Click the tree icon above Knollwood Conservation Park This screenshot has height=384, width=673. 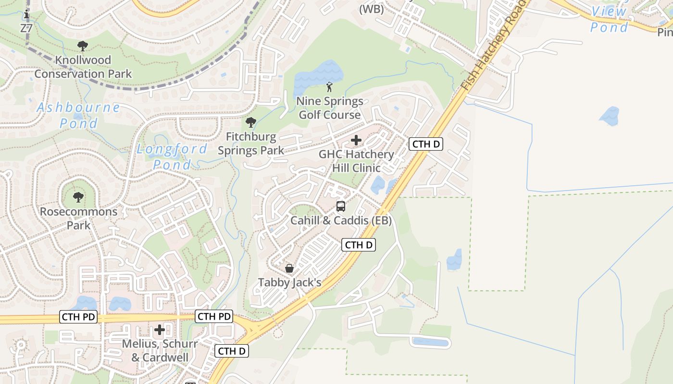coord(82,46)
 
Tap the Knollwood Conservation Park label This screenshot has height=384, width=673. coord(83,67)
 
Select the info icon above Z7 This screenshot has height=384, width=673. coord(26,15)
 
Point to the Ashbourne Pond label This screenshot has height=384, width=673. coord(78,115)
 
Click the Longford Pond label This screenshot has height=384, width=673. coord(172,156)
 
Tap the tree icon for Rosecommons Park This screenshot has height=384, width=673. coord(78,197)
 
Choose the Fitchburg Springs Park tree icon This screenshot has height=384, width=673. coord(250,122)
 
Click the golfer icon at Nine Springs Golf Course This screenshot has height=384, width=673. coord(329,87)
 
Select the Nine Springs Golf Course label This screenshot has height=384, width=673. coord(330,108)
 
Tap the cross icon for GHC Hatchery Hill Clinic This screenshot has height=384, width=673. coord(356,140)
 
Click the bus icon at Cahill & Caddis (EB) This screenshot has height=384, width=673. coord(341,206)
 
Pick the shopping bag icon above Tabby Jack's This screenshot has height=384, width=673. coord(289,268)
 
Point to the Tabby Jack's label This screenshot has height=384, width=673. coord(289,282)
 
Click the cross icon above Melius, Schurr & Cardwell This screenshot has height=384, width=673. coord(160,330)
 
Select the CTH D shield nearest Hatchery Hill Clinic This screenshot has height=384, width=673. coord(426,144)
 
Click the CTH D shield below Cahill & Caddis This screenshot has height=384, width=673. coord(359,245)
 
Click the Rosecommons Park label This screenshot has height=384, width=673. coord(78,218)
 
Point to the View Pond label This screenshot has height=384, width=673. coord(610,19)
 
